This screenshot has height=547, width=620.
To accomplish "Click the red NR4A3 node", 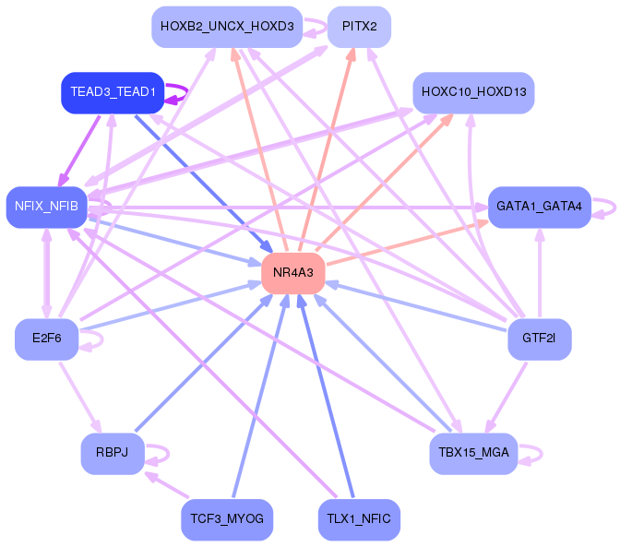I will (x=293, y=273).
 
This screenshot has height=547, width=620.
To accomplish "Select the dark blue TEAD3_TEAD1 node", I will (x=112, y=92).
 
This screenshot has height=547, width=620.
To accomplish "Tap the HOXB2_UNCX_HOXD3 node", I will (x=226, y=27).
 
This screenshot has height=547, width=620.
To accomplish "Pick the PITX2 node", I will (x=359, y=27).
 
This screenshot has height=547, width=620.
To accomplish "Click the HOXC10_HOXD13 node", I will (x=473, y=92).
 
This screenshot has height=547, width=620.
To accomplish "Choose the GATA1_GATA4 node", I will (x=539, y=207).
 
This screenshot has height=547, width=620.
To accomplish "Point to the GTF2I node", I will (x=539, y=339).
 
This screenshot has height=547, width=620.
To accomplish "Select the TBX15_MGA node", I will (x=473, y=453).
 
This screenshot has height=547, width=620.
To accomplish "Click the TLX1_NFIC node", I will (x=359, y=519).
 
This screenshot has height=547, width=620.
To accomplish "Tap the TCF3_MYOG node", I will (x=226, y=519).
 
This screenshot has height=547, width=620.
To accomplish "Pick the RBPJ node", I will (x=112, y=453).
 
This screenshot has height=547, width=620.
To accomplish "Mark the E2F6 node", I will (x=46, y=339).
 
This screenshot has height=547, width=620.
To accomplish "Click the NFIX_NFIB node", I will (x=46, y=207).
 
